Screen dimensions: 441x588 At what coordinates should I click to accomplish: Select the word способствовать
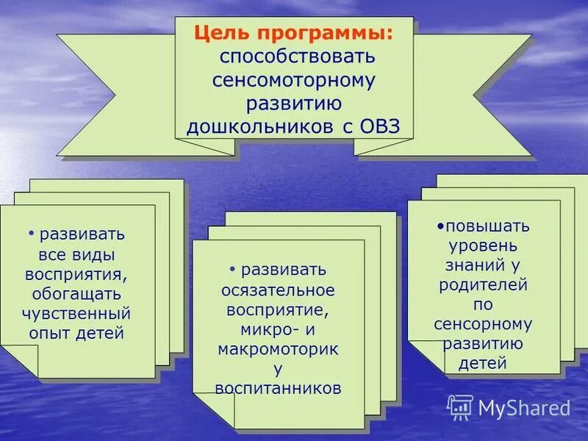coord(294,57)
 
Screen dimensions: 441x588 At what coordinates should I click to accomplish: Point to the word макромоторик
coord(278,348)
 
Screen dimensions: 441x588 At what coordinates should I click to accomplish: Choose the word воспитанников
coord(278,387)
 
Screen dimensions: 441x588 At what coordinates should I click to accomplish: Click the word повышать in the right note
coord(487,226)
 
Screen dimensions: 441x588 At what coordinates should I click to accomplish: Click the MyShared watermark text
coord(524,408)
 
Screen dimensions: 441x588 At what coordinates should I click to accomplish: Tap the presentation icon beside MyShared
coord(460,407)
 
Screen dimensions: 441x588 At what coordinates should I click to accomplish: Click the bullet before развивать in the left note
coord(32,234)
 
